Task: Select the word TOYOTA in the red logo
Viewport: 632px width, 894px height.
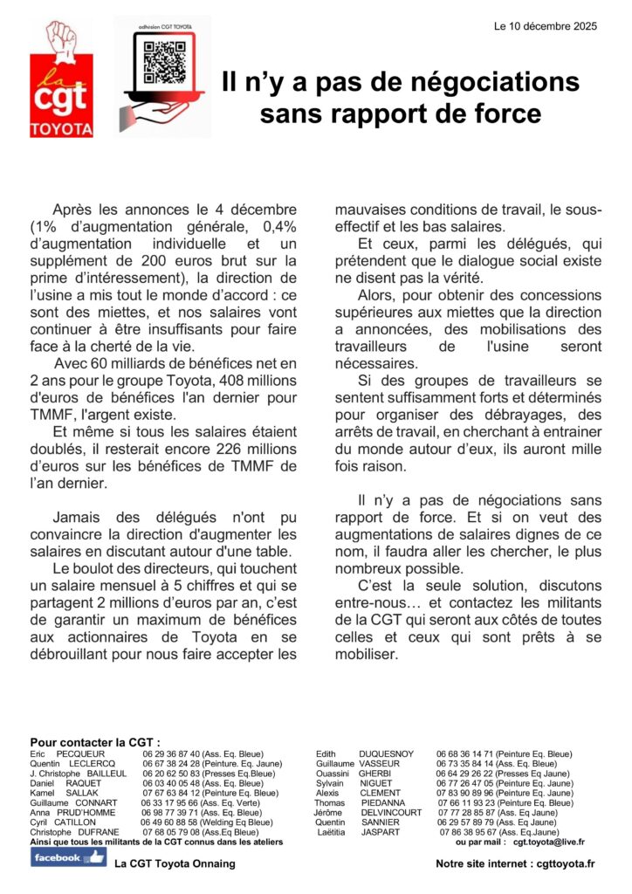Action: point(61,129)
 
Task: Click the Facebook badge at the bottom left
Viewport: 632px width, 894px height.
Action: point(69,857)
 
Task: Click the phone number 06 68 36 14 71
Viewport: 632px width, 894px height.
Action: point(465,753)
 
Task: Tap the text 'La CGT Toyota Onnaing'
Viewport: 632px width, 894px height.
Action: point(175,864)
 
